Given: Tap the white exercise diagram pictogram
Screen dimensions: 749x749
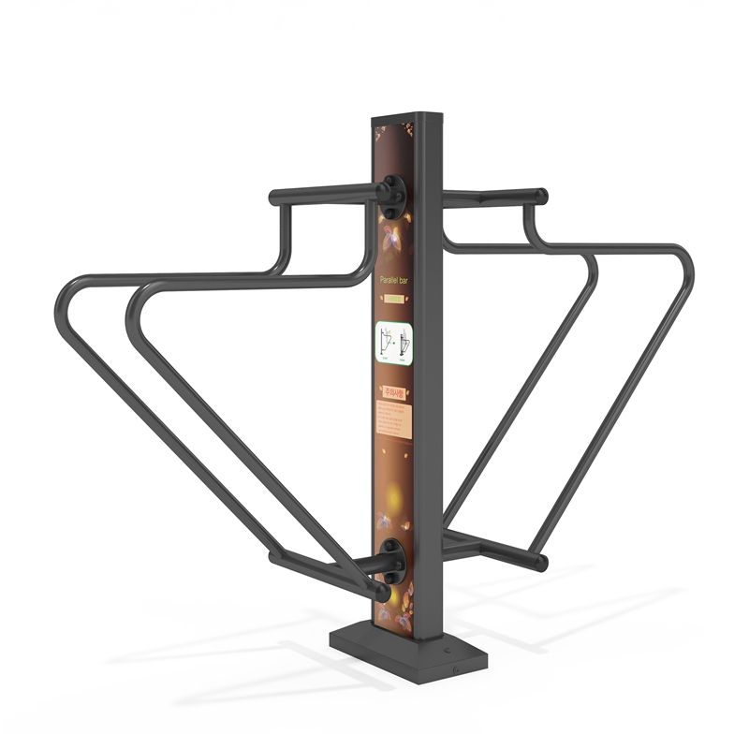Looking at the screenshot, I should click(394, 342).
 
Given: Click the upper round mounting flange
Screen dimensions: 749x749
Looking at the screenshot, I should click(394, 193).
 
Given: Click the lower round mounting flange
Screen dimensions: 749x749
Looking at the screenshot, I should click(392, 559).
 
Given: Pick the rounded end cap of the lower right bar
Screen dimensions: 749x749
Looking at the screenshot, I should click(541, 564).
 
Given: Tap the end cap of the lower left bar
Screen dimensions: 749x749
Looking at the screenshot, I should click(383, 593).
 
